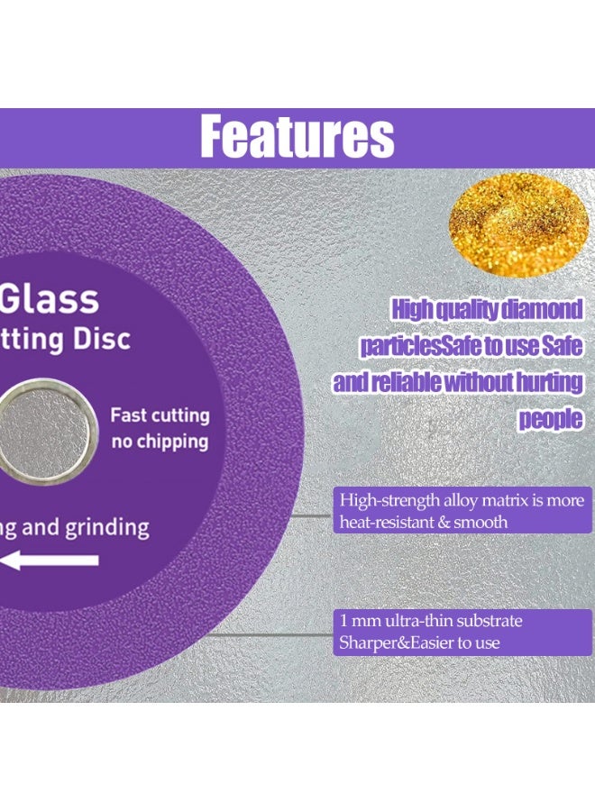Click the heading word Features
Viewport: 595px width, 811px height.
(x=297, y=137)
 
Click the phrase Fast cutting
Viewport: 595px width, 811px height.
(x=160, y=415)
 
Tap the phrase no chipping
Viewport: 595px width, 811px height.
(x=160, y=442)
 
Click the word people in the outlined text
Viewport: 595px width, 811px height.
(x=550, y=419)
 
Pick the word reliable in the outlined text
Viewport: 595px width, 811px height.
(x=403, y=383)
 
